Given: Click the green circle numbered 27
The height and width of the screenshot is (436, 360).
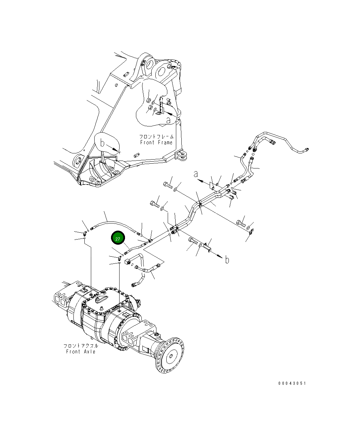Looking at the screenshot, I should (x=118, y=239).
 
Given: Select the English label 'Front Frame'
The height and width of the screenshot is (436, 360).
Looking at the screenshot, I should (x=156, y=142).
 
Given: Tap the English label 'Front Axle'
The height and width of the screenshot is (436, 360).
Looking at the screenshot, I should (x=81, y=352).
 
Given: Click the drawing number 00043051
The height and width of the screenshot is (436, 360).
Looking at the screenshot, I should (x=292, y=383).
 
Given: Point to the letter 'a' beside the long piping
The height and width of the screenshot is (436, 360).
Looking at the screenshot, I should (x=196, y=174).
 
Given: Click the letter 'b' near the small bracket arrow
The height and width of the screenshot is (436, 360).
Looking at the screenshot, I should (x=227, y=260).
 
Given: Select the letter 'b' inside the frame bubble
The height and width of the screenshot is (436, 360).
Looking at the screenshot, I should (x=102, y=143).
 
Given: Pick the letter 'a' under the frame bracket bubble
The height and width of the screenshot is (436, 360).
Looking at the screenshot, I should (x=169, y=120).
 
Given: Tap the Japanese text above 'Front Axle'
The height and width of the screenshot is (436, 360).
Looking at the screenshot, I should (x=81, y=346).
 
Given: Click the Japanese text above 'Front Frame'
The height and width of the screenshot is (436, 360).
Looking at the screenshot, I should (x=156, y=137).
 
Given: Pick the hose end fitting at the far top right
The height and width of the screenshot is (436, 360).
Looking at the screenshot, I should (x=307, y=149).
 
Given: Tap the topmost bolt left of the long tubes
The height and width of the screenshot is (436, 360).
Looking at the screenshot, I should (x=167, y=186).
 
